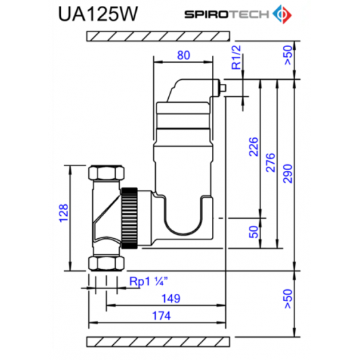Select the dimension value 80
(184, 56)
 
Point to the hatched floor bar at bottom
(160, 342)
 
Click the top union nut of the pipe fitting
(107, 175)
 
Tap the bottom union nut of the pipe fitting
(107, 262)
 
